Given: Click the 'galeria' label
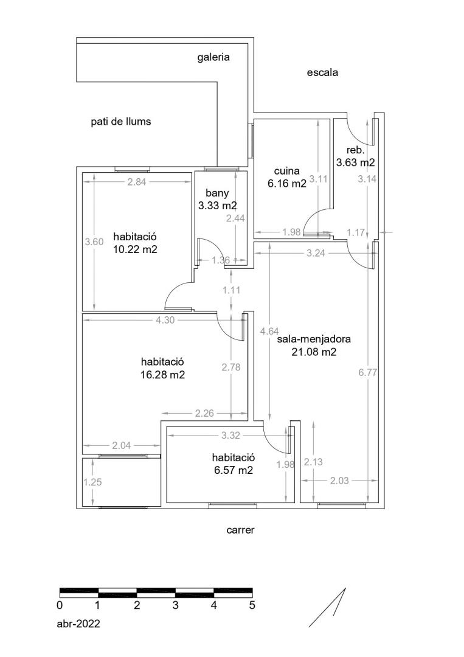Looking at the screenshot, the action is (213, 57).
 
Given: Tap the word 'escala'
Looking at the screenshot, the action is (322, 72).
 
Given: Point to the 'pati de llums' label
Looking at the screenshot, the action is (120, 122).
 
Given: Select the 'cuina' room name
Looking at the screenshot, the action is (287, 171).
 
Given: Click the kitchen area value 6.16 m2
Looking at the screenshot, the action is (287, 183).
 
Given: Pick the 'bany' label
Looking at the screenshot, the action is (217, 193).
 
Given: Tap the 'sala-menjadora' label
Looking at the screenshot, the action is (314, 339).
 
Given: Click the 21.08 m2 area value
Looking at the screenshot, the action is (314, 352).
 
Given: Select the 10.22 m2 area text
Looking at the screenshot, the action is (135, 249).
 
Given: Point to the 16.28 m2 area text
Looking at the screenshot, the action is (162, 375).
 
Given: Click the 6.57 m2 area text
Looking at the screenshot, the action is (234, 470).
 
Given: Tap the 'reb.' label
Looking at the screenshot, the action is (356, 150).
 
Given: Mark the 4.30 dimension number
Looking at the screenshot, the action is (165, 320).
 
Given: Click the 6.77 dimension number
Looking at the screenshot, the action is (368, 372).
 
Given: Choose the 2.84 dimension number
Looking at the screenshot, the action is (136, 182).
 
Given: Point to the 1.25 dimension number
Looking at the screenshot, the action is (92, 482).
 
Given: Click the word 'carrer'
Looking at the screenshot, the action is (240, 530).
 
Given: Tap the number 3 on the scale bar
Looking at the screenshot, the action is (176, 605).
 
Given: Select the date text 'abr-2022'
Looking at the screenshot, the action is (78, 624).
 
